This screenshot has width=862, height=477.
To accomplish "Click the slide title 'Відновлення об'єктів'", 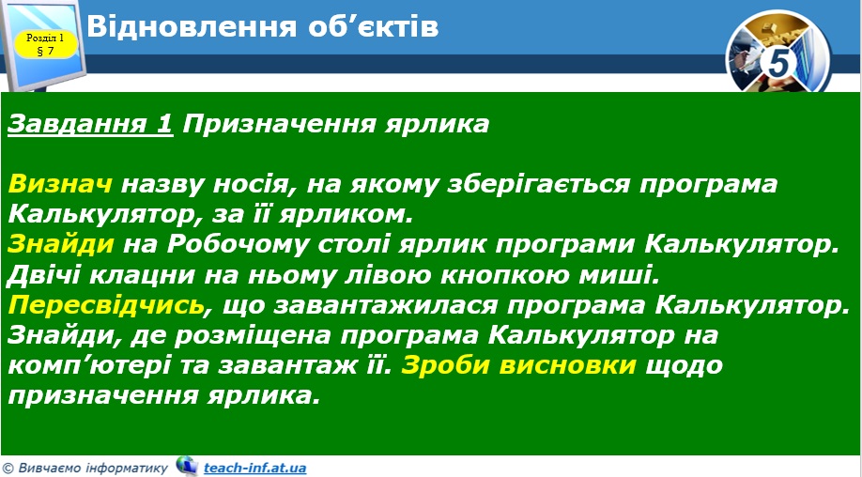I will pyautogui.click(x=262, y=26).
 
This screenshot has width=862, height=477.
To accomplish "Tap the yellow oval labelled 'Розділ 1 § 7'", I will pyautogui.click(x=45, y=44).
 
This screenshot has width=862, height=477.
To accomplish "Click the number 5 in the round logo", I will pyautogui.click(x=779, y=64).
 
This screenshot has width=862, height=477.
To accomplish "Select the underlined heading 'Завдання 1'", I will pyautogui.click(x=90, y=124).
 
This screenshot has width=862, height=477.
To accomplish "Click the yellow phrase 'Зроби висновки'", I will pyautogui.click(x=520, y=365).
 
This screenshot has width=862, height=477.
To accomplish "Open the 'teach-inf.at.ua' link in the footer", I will pyautogui.click(x=254, y=468).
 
